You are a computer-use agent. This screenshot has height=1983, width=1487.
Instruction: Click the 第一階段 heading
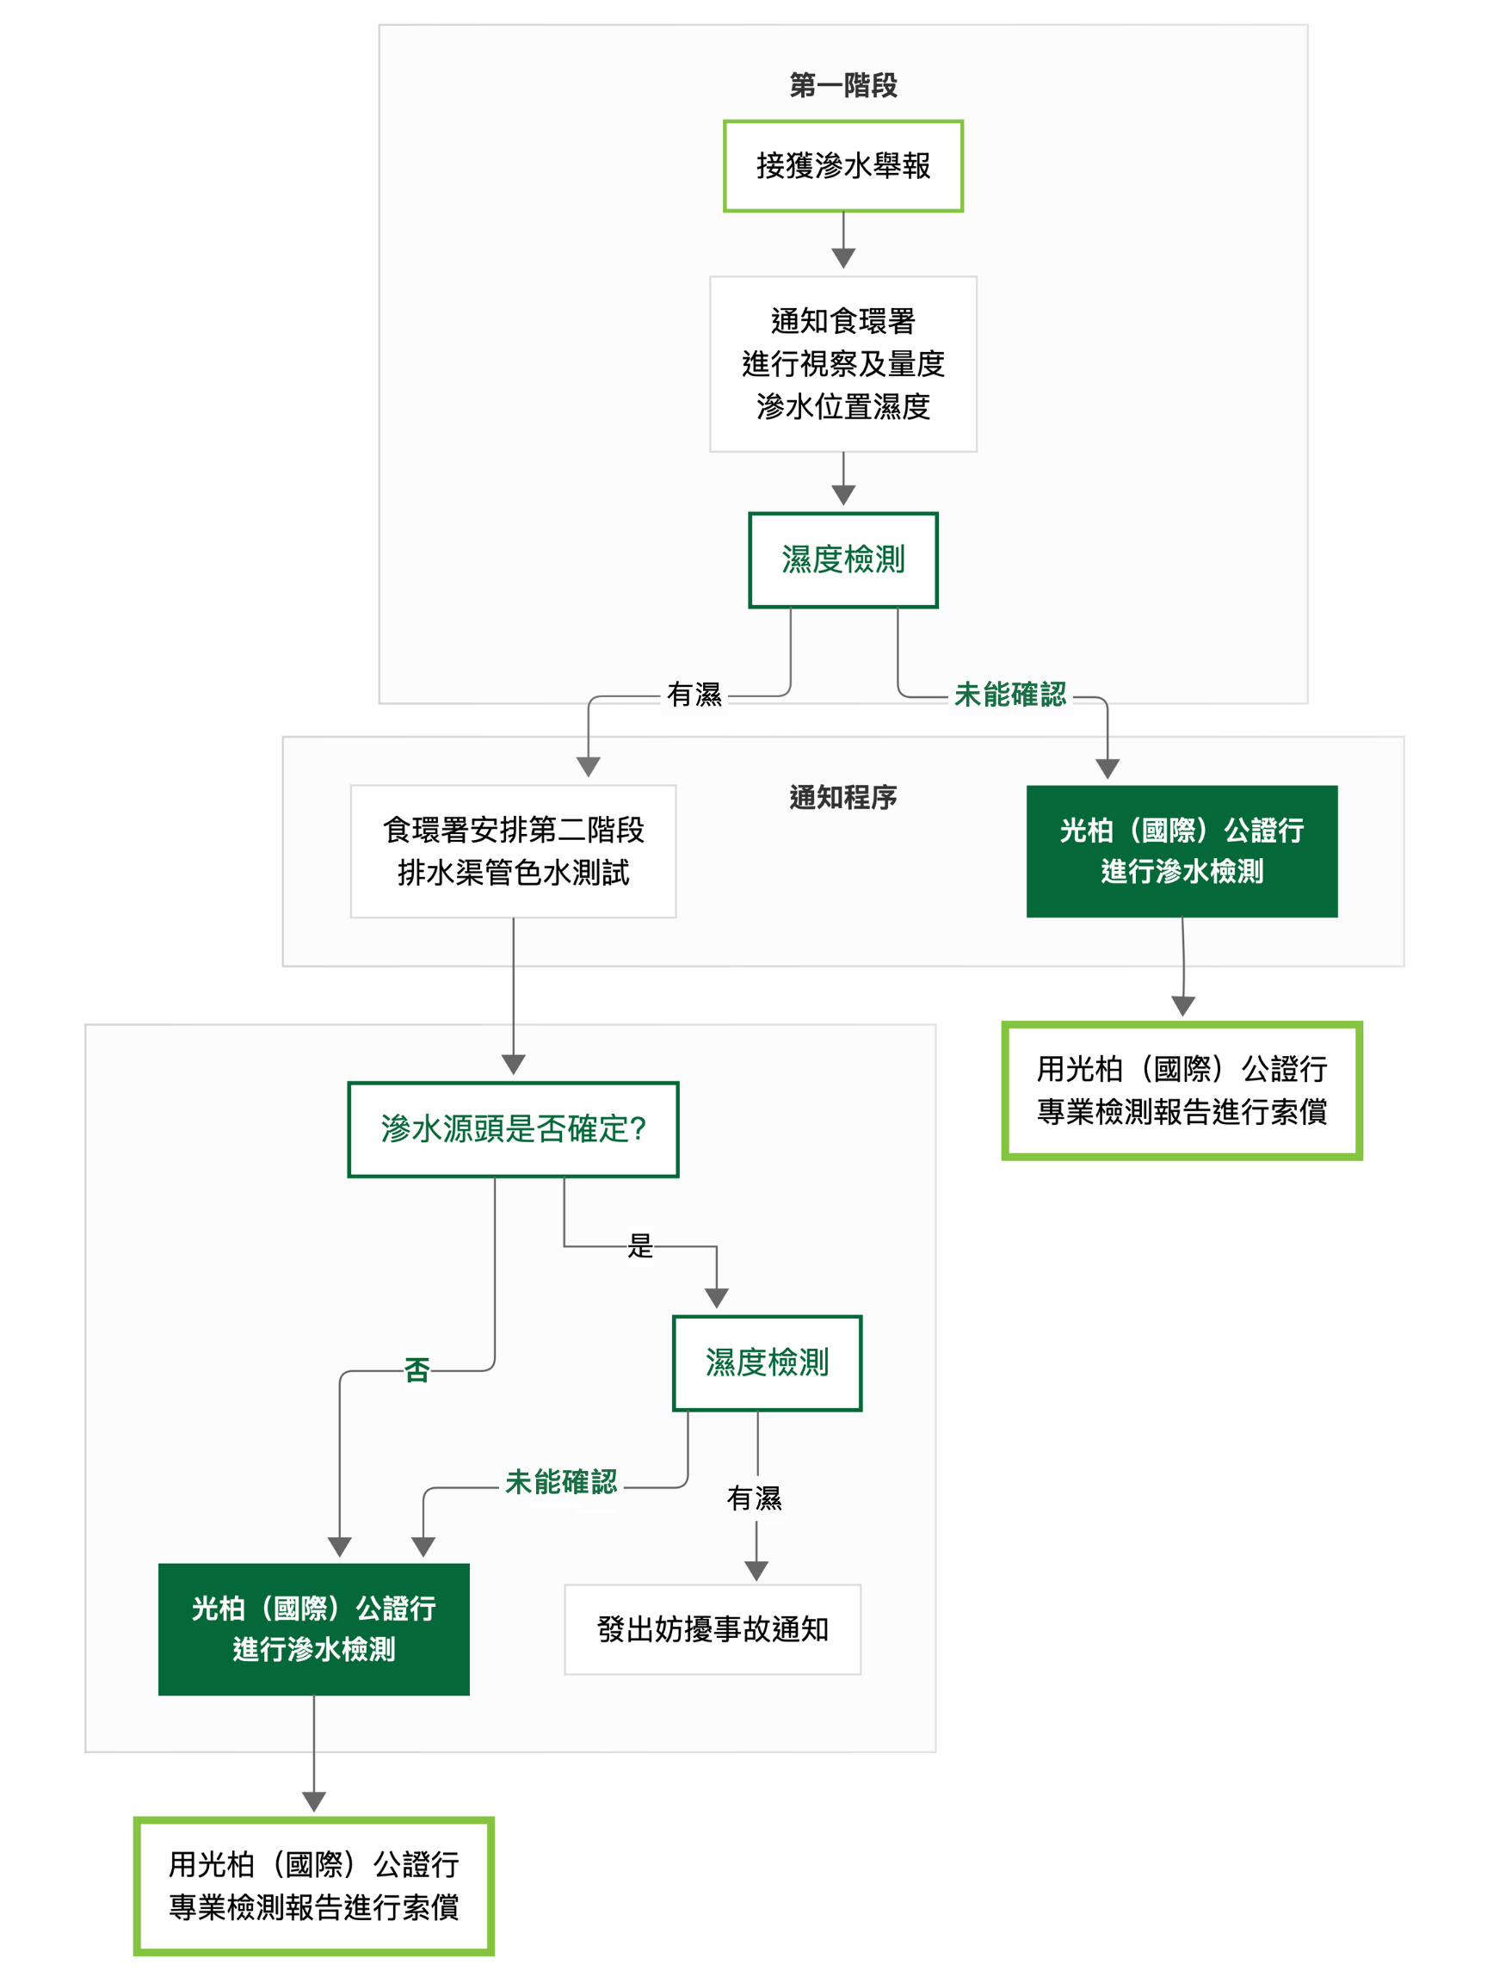(x=842, y=86)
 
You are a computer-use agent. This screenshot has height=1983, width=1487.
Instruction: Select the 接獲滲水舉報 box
(x=842, y=166)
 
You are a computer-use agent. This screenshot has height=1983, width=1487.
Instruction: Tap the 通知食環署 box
(x=842, y=363)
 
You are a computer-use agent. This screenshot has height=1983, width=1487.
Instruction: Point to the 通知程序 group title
(x=842, y=797)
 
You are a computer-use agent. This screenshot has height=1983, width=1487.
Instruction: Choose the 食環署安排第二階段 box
(x=513, y=850)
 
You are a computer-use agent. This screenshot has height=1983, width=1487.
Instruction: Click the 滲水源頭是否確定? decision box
(x=513, y=1128)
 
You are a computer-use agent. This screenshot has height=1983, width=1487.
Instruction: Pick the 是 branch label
(x=640, y=1245)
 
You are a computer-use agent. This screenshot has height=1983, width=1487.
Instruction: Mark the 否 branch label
(x=416, y=1370)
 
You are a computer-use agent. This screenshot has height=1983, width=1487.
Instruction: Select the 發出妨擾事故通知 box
(x=712, y=1629)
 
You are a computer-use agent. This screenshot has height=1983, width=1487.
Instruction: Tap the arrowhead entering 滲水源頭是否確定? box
(x=513, y=1064)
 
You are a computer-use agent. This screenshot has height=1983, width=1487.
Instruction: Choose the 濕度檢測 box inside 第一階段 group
(x=842, y=559)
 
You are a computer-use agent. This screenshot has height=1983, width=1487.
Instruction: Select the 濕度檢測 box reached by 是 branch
(x=767, y=1362)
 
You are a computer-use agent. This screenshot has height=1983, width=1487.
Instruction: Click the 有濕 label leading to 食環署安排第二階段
(x=694, y=695)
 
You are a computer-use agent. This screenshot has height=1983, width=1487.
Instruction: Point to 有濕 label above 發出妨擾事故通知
(x=754, y=1498)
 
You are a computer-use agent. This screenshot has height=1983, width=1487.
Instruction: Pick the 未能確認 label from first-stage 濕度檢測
(x=1010, y=695)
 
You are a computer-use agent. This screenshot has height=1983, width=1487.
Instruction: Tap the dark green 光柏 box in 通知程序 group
(x=1182, y=850)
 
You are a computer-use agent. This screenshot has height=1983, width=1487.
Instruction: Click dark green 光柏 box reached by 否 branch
(x=314, y=1629)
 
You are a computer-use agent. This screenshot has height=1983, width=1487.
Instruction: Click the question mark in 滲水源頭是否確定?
(x=639, y=1128)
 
